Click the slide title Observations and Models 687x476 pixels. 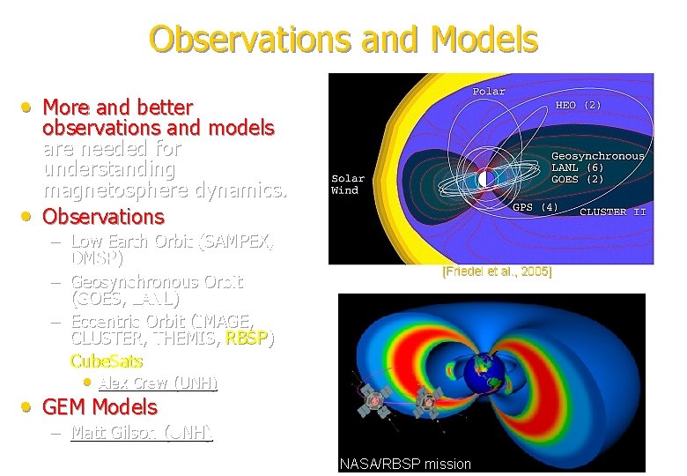pos(343,39)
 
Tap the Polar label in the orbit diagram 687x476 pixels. pos(489,92)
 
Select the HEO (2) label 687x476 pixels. pos(578,105)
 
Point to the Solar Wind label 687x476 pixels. pos(347,184)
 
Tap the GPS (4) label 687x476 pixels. pos(535,208)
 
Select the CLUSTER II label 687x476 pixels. pos(612,212)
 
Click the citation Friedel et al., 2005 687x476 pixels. pos(497,272)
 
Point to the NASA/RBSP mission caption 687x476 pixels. pos(405,464)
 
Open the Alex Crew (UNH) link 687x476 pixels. pos(158,383)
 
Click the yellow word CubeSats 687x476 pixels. pos(106,361)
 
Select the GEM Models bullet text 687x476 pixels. pos(100,407)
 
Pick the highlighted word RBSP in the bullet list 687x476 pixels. pos(249,338)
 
